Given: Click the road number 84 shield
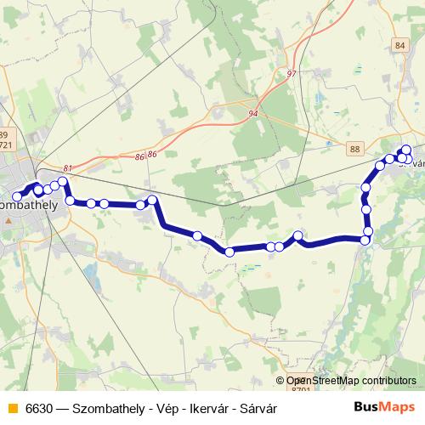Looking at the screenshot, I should click(401, 45).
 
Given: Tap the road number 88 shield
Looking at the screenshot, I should click(354, 149).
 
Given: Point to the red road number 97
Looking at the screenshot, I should click(292, 74).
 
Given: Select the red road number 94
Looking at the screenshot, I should click(253, 113).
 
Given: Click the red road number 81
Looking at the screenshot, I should click(68, 168).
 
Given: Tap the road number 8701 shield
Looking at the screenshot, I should click(300, 389).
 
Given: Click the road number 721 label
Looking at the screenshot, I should click(6, 145).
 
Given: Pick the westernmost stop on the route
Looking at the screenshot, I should click(17, 197).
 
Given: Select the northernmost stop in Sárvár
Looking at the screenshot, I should click(406, 150).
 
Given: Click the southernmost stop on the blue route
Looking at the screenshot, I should click(229, 252).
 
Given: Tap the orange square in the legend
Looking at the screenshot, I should click(12, 408).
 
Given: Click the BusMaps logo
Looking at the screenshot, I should click(384, 407).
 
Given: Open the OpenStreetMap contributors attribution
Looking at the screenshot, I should click(351, 381).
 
